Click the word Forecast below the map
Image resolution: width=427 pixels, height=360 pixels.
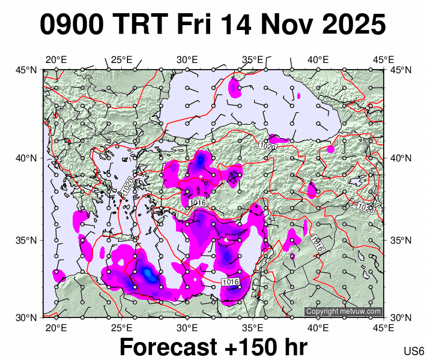pos(169,347)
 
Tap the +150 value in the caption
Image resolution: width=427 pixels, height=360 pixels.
pos(247,347)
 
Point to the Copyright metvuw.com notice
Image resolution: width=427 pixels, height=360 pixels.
pos(343,311)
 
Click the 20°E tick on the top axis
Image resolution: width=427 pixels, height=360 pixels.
pos(56,59)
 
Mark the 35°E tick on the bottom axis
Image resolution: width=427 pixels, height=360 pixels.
pos(253,328)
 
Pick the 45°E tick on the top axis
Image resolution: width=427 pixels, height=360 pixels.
pos(383,59)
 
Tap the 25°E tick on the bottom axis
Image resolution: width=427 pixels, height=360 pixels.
pos(122,328)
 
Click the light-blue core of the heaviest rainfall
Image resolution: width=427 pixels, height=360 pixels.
pos(148,274)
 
